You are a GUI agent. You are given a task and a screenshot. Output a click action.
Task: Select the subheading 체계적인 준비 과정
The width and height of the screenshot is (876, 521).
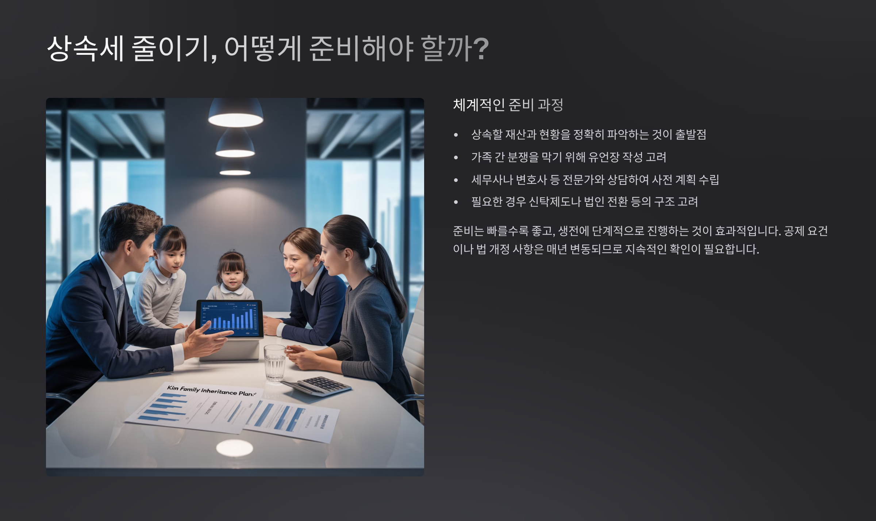pyautogui.click(x=508, y=105)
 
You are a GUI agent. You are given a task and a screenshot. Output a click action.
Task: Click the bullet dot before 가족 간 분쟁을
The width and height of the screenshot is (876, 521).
pyautogui.click(x=456, y=157)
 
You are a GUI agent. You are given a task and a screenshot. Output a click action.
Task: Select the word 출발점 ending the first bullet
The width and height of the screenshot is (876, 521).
pyautogui.click(x=691, y=134)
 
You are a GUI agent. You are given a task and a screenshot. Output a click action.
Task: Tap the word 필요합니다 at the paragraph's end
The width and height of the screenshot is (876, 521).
pyautogui.click(x=731, y=249)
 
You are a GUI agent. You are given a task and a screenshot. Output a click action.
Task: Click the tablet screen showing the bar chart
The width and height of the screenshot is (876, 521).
pyautogui.click(x=230, y=318)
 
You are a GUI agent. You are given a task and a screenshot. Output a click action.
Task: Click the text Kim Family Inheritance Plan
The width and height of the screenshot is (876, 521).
pyautogui.click(x=211, y=391)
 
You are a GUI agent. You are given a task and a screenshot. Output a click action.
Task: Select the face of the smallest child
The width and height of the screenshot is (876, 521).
pyautogui.click(x=232, y=274)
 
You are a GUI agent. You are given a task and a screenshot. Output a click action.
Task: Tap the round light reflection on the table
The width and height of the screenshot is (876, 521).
pyautogui.click(x=234, y=448)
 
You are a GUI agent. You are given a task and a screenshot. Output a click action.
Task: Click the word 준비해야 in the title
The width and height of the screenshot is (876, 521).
pyautogui.click(x=361, y=48)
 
